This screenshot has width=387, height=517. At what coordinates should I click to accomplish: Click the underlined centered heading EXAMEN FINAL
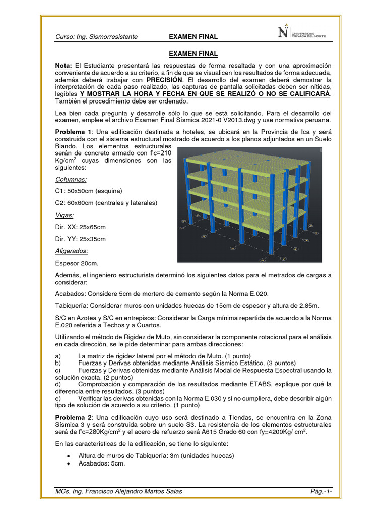(x=193, y=54)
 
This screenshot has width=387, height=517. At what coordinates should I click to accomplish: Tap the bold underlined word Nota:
(x=63, y=66)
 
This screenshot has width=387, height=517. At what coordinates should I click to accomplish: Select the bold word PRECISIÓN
(x=164, y=80)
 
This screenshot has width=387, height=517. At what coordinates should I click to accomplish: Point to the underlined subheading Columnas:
(x=71, y=179)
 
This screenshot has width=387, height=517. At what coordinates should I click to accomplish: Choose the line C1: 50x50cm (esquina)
(x=89, y=191)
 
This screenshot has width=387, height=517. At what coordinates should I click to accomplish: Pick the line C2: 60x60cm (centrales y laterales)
(x=106, y=203)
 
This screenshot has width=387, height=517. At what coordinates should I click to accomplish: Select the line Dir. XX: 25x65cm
(x=81, y=227)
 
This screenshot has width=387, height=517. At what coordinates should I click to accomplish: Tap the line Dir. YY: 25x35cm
(x=81, y=239)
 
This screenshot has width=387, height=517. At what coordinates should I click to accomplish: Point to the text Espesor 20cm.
(x=77, y=263)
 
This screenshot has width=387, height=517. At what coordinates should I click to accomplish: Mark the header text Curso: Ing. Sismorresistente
(x=96, y=37)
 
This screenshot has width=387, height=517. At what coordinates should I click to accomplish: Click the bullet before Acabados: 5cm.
(x=68, y=465)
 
